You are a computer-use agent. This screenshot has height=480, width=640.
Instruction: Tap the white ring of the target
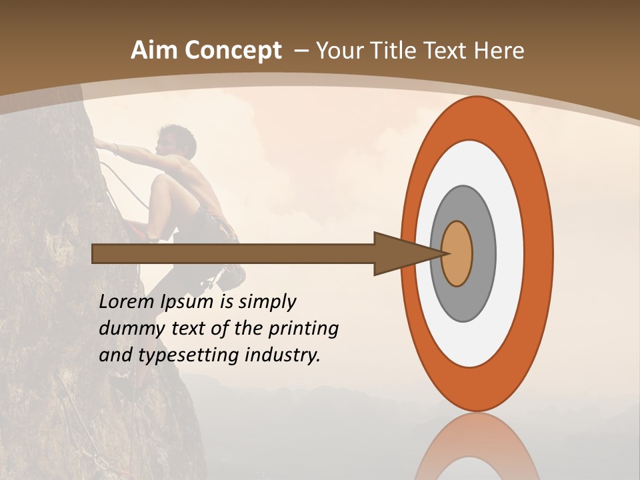click(510, 253)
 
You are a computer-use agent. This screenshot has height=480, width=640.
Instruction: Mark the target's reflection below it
click(477, 447)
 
